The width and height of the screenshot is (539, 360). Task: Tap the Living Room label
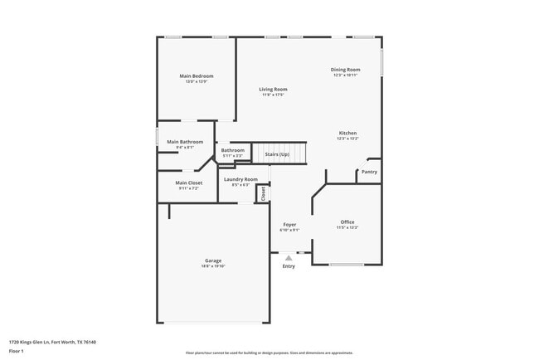coord(273,89)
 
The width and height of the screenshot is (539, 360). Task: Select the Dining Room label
coord(346,70)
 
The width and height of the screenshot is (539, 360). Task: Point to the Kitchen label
coord(347,134)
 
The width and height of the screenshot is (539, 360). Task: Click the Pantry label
coord(369,172)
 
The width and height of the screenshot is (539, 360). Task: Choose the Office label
coord(347,221)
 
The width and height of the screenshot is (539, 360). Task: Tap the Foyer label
coord(289,224)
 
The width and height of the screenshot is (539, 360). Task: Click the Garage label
coord(213,260)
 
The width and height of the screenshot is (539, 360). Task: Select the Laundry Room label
coord(240,179)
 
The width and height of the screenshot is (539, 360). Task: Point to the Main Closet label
coord(189,182)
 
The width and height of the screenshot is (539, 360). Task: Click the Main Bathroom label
coord(185,142)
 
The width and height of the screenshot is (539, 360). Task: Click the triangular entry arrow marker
coord(289,258)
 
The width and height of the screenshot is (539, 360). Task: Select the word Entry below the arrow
coord(289,266)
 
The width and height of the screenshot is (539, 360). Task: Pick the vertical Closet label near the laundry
coord(263,193)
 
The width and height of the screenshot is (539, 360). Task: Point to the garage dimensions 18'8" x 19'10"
coord(213,266)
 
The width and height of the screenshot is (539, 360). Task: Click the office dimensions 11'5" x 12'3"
coord(347,227)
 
